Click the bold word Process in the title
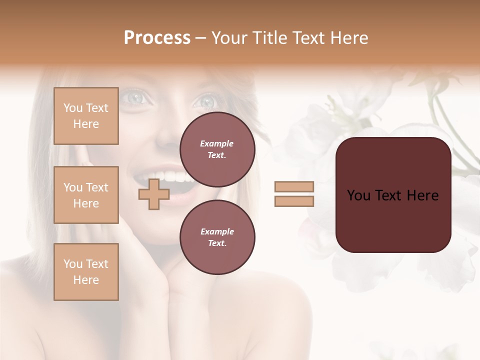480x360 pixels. [157, 38]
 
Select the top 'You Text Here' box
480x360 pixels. [86, 116]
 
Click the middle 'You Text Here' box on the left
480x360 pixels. [86, 195]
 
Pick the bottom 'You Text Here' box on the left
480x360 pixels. [86, 271]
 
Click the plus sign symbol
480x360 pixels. [153, 194]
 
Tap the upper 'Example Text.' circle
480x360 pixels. [217, 149]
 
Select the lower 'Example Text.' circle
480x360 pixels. [217, 237]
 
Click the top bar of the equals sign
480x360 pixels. [294, 186]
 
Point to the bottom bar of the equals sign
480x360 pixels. [294, 201]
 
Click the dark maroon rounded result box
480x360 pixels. [393, 195]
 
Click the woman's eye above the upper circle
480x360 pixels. [205, 101]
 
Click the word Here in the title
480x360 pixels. [349, 38]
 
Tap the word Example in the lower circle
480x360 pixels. [217, 231]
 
